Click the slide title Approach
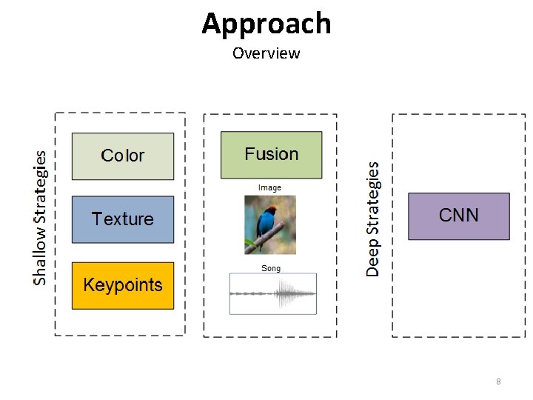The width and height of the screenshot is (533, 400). coord(266,24)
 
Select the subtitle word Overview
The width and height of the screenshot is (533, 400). coord(266,53)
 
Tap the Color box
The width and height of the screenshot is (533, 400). coord(123,156)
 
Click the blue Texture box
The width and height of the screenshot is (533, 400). coord(123,219)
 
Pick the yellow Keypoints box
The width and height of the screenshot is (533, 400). coord(123,285)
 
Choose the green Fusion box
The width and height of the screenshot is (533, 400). coord(272,155)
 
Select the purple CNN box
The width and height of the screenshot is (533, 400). coord(459,216)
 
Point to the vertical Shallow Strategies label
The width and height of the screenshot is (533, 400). coord(40,218)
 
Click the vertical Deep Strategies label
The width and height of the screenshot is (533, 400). coord(373,219)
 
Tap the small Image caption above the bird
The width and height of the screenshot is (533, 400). coord(269,188)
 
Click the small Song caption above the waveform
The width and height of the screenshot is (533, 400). coord(271,268)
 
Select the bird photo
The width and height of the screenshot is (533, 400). coord(270,224)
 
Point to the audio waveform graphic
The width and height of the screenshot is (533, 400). coord(272,293)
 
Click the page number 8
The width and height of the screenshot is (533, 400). coord(498,381)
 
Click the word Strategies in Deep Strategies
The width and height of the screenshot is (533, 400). coord(373,201)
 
